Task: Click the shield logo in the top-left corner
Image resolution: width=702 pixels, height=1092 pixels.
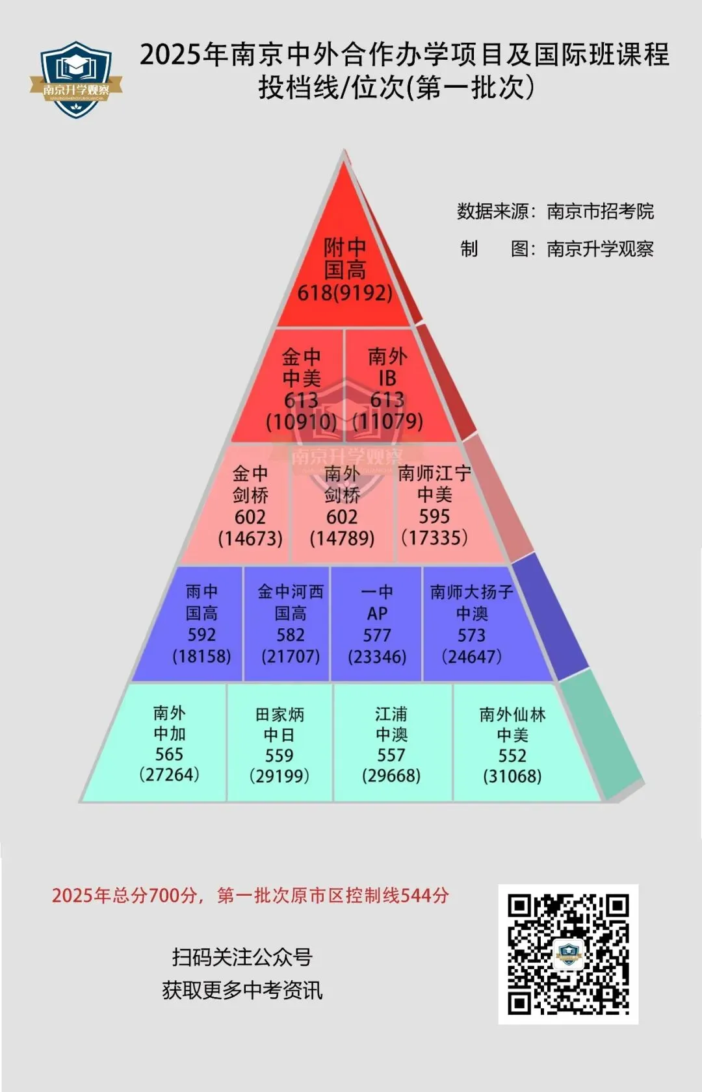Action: (x=76, y=80)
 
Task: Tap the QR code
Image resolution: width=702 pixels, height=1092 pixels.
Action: (x=568, y=954)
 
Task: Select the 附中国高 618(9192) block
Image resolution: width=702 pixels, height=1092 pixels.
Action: (x=344, y=270)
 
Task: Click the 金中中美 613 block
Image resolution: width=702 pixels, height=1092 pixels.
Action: (x=301, y=388)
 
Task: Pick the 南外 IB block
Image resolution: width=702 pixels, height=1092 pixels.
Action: (x=387, y=388)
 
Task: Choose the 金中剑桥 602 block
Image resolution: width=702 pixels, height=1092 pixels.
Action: (x=250, y=505)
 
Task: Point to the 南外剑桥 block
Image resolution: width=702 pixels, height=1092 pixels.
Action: (x=342, y=505)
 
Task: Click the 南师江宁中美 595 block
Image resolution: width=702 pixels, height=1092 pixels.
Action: (x=434, y=505)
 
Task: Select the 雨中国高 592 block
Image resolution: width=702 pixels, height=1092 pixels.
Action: (x=201, y=624)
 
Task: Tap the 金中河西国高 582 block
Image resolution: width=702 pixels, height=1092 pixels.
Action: (x=290, y=624)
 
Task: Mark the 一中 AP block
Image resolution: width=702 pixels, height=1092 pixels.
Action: (x=377, y=624)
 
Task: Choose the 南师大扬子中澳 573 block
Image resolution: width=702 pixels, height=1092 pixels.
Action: (x=471, y=624)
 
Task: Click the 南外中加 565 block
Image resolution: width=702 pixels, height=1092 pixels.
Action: (x=169, y=743)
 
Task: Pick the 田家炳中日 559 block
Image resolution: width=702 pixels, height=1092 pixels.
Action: (x=279, y=744)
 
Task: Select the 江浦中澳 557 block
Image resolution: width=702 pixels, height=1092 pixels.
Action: (x=391, y=744)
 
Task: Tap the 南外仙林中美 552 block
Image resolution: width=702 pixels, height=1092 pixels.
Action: (x=512, y=744)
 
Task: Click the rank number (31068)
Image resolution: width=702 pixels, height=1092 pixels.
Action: (x=512, y=776)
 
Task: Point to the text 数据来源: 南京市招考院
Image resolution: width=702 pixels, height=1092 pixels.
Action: (x=555, y=211)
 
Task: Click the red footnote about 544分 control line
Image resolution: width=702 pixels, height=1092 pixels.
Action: (x=250, y=895)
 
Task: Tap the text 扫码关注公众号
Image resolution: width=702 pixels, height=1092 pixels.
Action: (x=242, y=956)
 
